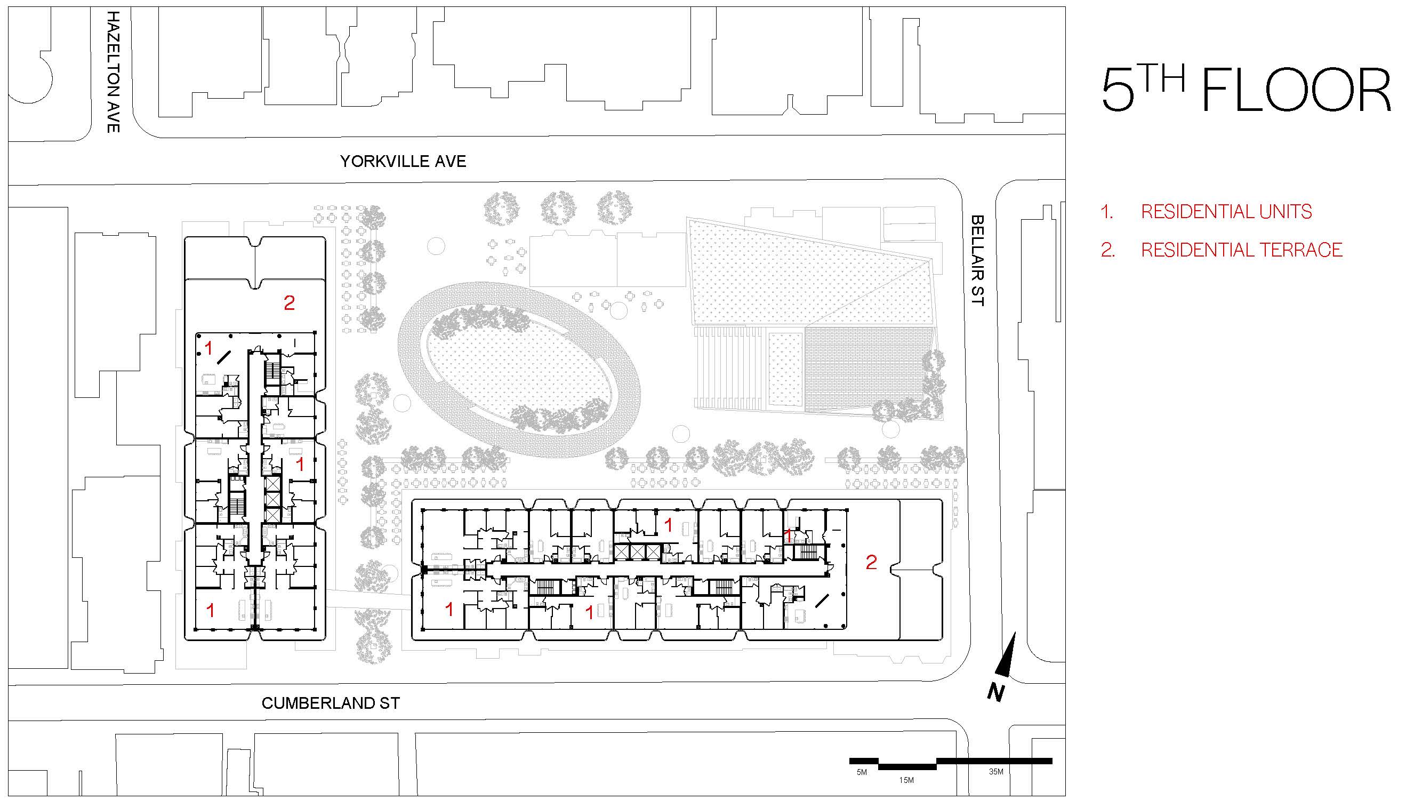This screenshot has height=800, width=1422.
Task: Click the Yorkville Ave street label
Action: coord(403,161)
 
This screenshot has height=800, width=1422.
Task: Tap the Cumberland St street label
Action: coord(330,703)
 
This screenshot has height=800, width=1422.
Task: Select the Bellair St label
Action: coord(977,260)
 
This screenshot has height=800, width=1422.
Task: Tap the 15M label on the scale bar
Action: coord(906,780)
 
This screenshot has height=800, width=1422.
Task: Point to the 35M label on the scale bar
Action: coord(996,771)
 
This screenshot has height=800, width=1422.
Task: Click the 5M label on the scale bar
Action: coord(862,772)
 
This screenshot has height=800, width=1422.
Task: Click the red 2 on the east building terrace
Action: coord(871,562)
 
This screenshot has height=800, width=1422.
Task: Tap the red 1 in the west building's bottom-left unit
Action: coord(210,610)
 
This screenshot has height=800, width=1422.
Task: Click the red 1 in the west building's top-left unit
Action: coord(208,348)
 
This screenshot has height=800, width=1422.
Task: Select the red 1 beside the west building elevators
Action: coord(300,465)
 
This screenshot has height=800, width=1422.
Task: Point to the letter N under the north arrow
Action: coord(995,692)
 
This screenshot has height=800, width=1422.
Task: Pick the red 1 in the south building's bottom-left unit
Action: coord(449,609)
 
